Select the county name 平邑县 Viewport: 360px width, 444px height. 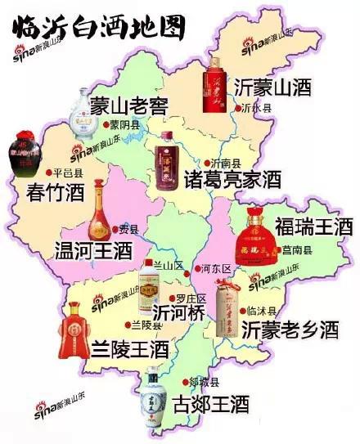point(68,173)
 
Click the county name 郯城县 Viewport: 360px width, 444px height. point(204,382)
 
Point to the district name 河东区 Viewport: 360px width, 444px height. point(218,267)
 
